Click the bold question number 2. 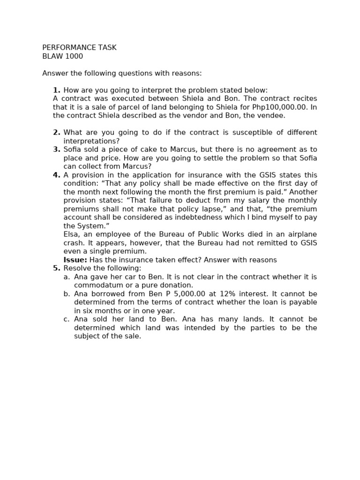pos(57,133)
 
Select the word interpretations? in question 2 pos(91,141)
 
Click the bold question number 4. pos(57,175)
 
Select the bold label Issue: pos(75,260)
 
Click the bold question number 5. pos(57,268)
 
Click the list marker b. pos(67,294)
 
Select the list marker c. pos(67,319)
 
